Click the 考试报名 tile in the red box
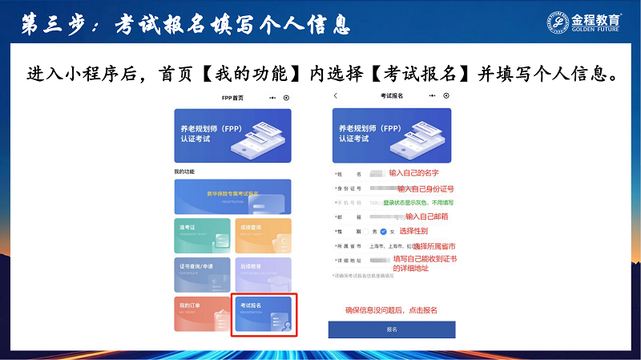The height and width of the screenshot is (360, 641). click(x=264, y=314)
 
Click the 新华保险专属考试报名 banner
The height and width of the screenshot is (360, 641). click(x=232, y=196)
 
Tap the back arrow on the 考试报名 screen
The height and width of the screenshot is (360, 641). click(x=336, y=96)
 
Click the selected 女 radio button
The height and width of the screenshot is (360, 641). click(x=384, y=232)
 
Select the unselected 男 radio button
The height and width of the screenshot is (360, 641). click(x=368, y=232)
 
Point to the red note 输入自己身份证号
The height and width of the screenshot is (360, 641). click(x=425, y=188)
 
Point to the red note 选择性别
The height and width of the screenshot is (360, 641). click(x=413, y=231)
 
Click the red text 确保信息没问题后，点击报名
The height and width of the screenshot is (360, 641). click(x=391, y=309)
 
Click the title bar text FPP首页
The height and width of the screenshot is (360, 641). click(x=232, y=97)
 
